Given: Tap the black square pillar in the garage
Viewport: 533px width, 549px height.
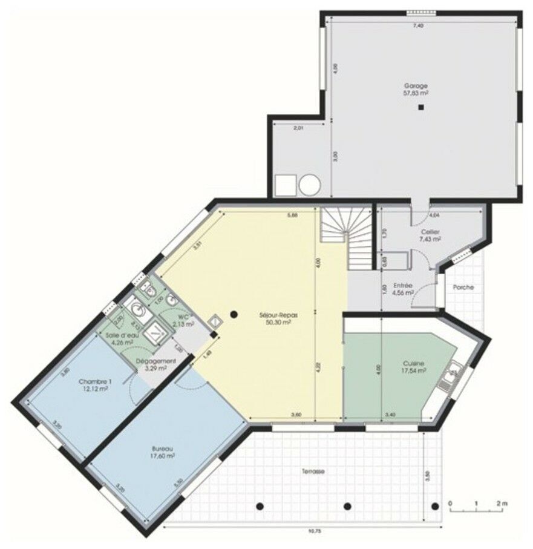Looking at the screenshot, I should tap(420, 108).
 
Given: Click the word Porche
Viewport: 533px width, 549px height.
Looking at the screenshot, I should tap(463, 287).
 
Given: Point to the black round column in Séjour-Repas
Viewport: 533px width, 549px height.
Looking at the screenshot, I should tap(234, 314).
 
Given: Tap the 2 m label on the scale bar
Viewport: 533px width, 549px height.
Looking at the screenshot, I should tap(502, 503).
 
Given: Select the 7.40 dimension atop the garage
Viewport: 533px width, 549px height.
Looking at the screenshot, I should tap(417, 25).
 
